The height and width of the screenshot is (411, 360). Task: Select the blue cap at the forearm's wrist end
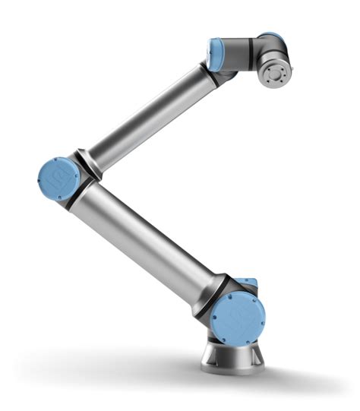click(216, 55)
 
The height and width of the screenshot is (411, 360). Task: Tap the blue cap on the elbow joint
click(58, 179)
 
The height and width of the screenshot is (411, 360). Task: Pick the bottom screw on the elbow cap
click(57, 197)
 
